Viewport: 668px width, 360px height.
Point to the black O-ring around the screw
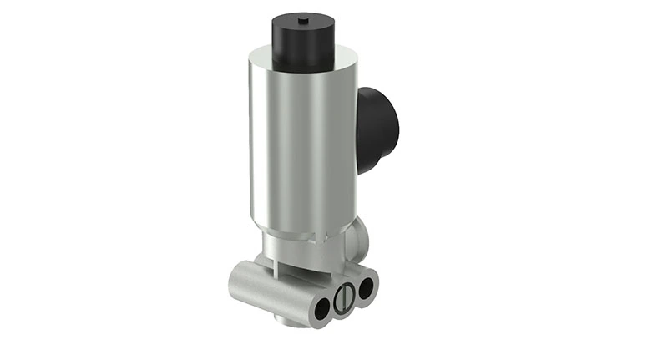pos(334,302)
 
